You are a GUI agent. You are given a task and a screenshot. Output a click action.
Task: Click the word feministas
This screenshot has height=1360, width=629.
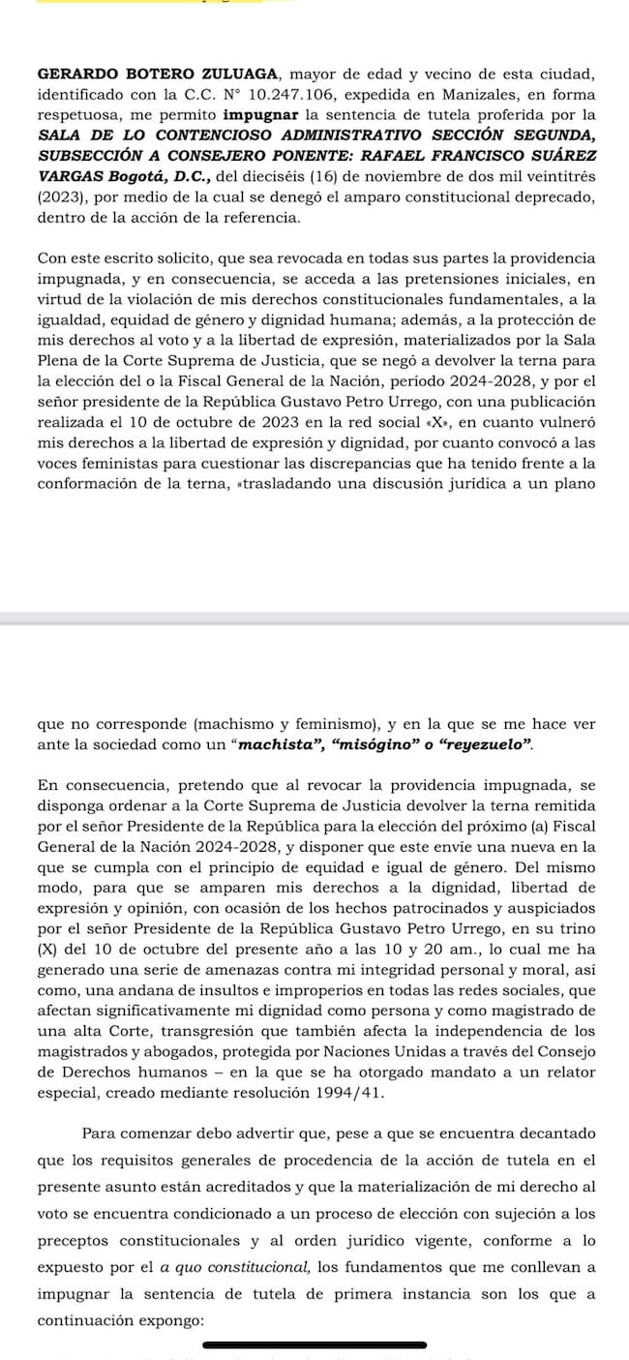coord(88,462)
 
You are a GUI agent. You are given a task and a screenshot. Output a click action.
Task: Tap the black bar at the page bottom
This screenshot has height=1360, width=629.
coord(314,1345)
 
